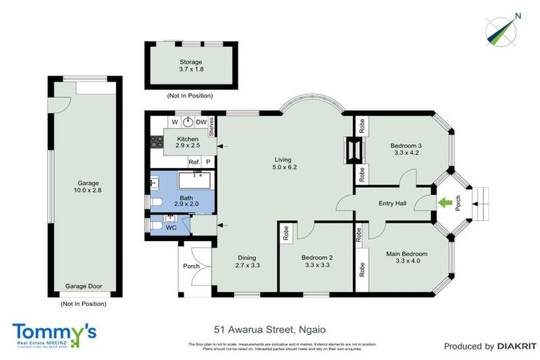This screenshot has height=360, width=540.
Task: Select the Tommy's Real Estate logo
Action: point(54,333)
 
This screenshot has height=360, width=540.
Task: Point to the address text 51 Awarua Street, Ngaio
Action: point(269,329)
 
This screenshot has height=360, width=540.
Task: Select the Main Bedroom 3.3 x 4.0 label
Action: point(406,257)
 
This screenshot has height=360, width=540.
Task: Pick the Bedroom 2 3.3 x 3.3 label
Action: point(316,262)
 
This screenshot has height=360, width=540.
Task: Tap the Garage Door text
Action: point(84,286)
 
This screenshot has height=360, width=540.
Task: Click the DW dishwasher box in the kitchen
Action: point(201,122)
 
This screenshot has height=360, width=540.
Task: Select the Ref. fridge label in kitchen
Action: point(194,162)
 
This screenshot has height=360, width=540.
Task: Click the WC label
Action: point(169,227)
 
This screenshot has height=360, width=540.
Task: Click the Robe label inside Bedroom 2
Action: point(288,233)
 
